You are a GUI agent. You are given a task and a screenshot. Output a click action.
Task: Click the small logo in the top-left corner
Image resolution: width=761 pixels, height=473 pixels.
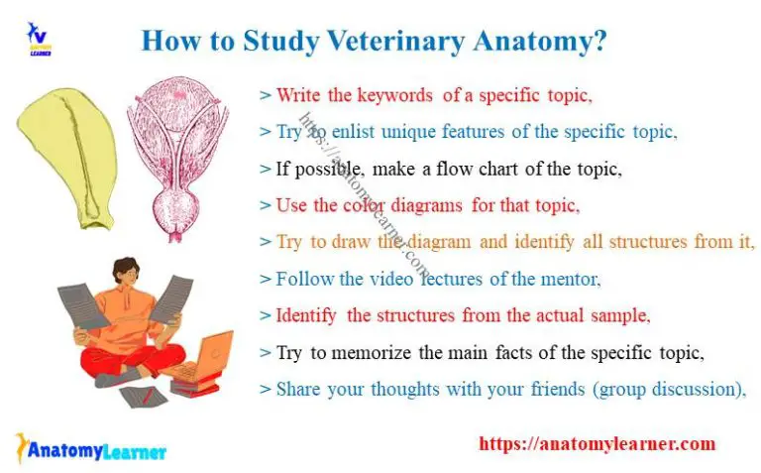(39, 39)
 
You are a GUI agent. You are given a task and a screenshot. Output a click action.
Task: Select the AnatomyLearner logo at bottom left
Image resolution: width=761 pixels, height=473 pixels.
(91, 450)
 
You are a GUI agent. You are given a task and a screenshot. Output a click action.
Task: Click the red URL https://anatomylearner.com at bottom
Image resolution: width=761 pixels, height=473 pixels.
(597, 444)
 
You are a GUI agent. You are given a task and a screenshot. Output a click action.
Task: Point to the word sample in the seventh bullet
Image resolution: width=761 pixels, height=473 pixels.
(619, 315)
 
